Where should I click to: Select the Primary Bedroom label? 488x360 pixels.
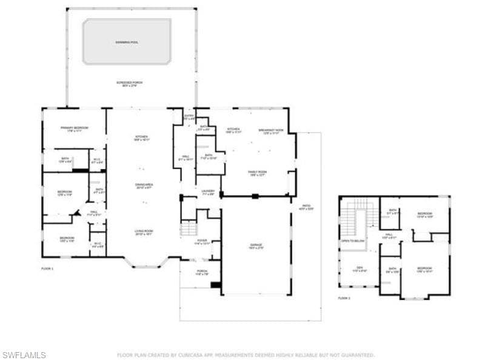click(74, 128)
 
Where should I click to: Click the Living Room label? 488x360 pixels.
click(144, 232)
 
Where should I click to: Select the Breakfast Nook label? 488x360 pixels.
click(267, 130)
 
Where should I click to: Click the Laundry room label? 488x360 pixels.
click(208, 192)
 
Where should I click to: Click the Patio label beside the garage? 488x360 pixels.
click(306, 207)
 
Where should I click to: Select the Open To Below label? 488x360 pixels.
click(353, 241)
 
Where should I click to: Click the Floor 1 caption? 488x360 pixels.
click(47, 268)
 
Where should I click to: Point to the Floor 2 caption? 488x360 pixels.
click(344, 298)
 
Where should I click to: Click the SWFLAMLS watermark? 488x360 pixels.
click(24, 355)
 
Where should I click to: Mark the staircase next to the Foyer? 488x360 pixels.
click(189, 228)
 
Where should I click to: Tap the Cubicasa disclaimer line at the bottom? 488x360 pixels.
click(246, 355)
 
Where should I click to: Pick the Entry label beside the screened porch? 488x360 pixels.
click(189, 116)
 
